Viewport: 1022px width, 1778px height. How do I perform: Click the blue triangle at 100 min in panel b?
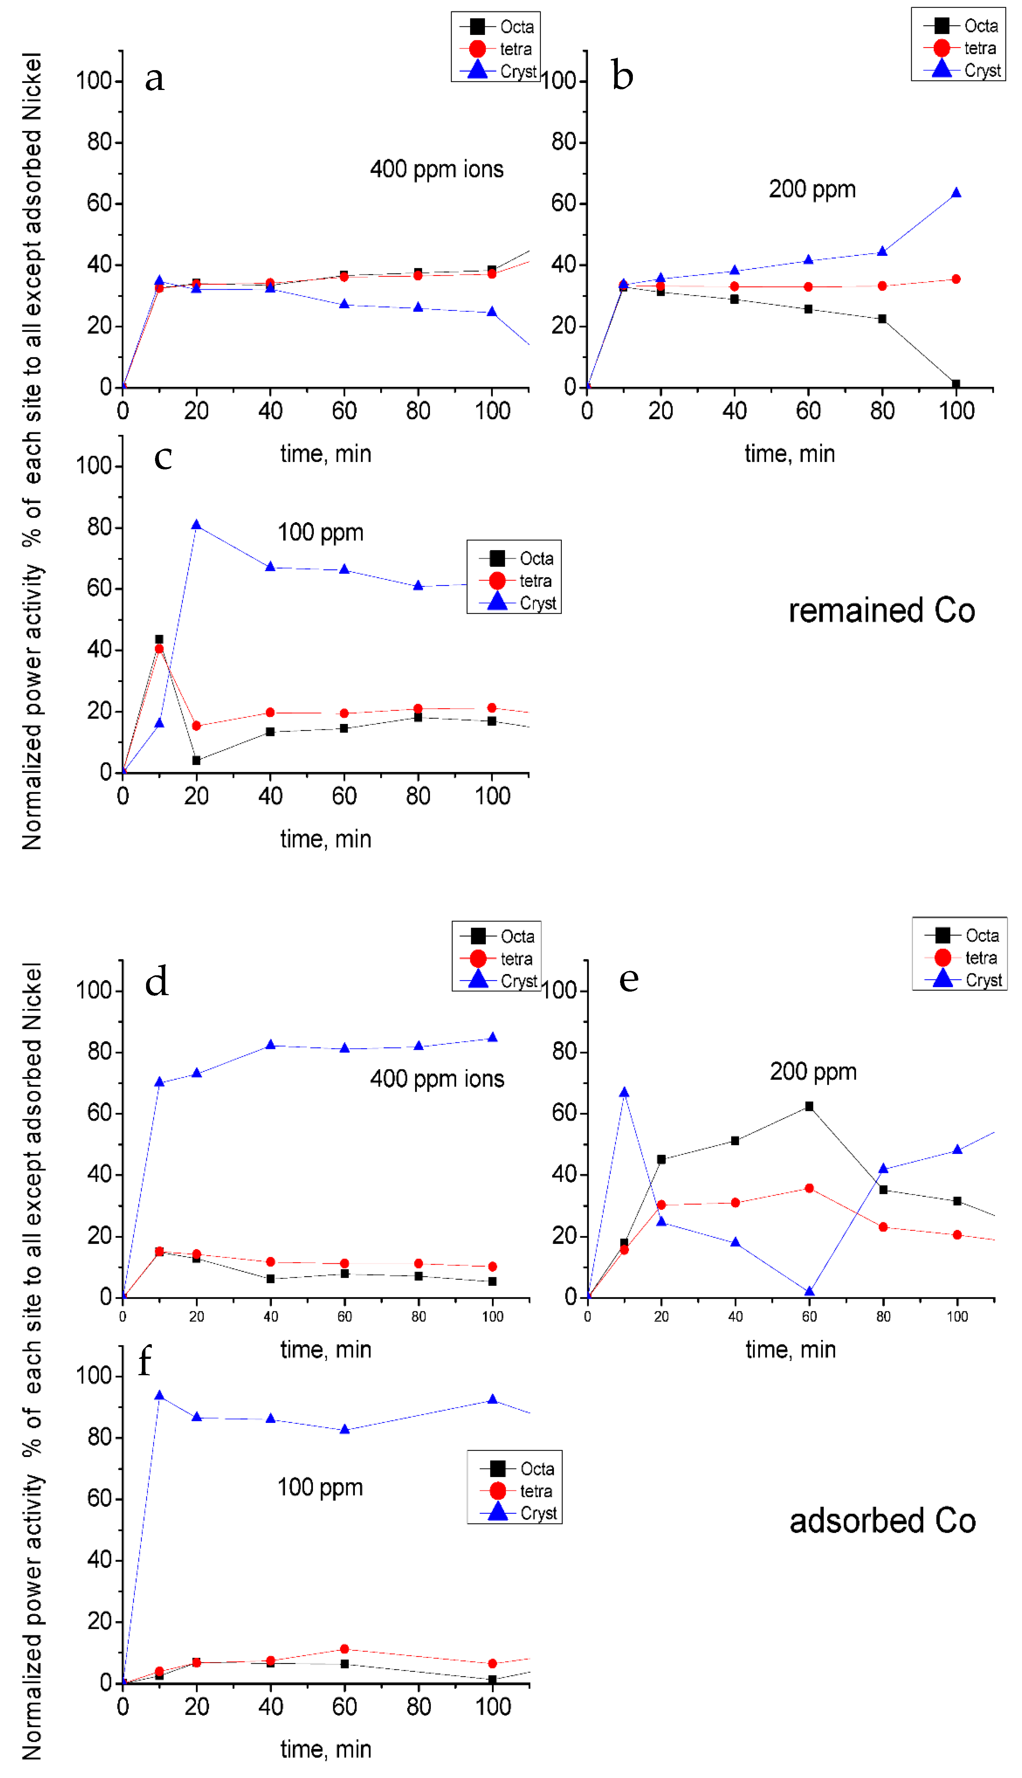click(x=956, y=193)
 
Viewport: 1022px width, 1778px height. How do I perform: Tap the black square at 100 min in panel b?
click(x=956, y=384)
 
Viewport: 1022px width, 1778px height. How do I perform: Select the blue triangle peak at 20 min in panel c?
click(x=197, y=525)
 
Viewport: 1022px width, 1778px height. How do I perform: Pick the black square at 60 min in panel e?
click(x=809, y=1107)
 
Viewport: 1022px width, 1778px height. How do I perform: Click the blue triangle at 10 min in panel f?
click(x=159, y=1396)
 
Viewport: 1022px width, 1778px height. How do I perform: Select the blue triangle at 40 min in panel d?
click(x=270, y=1045)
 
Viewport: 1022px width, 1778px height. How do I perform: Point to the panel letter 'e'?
click(x=629, y=979)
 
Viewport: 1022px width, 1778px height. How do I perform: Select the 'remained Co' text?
click(x=882, y=611)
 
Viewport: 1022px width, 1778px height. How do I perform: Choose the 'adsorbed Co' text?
click(x=882, y=1521)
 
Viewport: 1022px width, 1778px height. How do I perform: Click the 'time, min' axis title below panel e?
click(x=790, y=1350)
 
